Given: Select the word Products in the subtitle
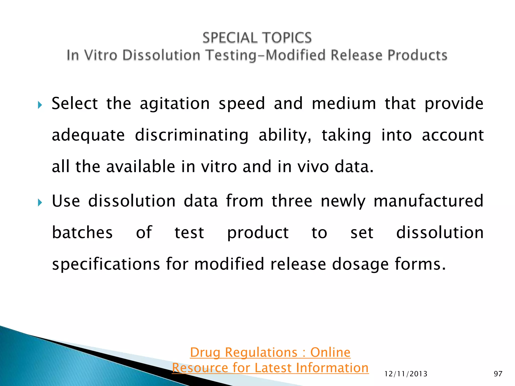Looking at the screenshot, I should point(417,55).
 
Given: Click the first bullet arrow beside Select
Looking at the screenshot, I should point(40,105).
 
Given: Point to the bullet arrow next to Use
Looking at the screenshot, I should point(40,202).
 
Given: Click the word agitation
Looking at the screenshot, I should point(175,104).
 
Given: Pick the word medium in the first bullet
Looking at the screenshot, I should point(344,104).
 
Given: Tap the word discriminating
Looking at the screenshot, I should point(192,135).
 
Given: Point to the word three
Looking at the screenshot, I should point(292,201).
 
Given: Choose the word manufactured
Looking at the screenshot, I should point(428,201).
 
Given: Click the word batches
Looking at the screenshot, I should point(82,232).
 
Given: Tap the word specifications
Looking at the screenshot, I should point(106,264).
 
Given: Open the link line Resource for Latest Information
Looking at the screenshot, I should point(270,368).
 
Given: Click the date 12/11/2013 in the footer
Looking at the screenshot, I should point(406,374).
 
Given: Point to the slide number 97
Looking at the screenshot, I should point(498,374).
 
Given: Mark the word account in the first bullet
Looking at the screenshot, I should point(453,135).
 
